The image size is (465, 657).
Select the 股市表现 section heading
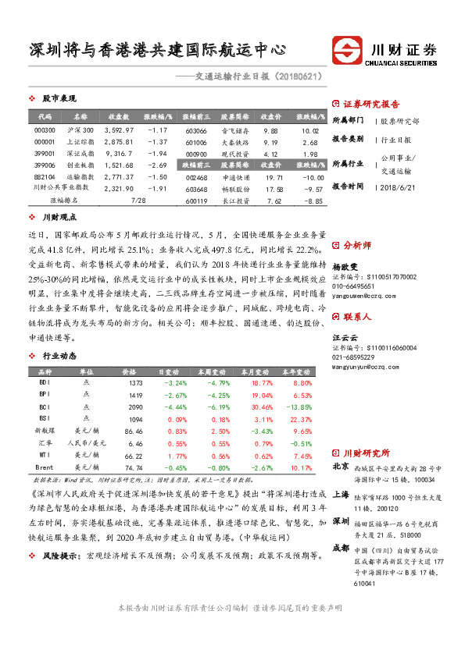(x=59, y=99)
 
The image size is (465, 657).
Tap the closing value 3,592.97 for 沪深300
(x=119, y=130)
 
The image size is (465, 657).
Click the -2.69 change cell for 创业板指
(x=159, y=165)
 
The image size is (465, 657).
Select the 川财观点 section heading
(x=59, y=217)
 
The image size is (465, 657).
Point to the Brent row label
(x=45, y=466)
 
